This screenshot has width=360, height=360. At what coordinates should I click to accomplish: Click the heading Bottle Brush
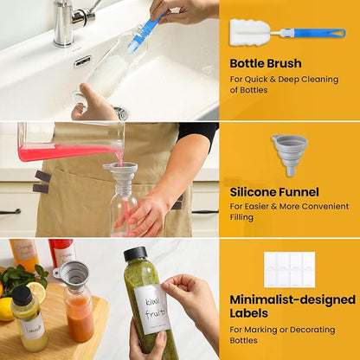click(x=266, y=63)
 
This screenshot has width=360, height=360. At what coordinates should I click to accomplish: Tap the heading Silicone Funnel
click(x=274, y=192)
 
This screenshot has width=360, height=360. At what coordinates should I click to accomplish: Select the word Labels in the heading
click(x=248, y=313)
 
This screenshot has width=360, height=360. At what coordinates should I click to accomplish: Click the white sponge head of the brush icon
click(x=250, y=32)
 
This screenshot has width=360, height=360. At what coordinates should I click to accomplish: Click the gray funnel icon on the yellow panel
click(x=290, y=154)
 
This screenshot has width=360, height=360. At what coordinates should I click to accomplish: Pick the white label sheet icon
click(x=289, y=270)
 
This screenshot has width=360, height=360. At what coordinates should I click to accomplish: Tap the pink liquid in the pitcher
click(x=67, y=152)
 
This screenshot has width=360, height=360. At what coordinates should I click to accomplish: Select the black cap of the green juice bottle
click(x=135, y=254)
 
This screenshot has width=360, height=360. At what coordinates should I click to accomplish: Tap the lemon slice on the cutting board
click(x=36, y=292)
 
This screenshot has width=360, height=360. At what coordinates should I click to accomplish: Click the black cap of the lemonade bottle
click(x=22, y=295)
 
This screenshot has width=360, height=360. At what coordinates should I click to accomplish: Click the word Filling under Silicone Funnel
click(x=241, y=217)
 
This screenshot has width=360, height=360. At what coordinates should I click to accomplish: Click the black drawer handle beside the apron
click(x=10, y=212)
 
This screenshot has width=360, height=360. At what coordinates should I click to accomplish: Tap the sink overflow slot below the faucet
click(x=82, y=61)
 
